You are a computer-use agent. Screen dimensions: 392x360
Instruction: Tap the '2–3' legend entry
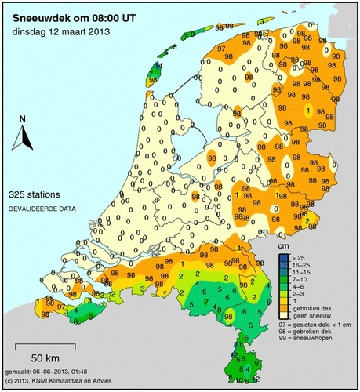tap(299, 293)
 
